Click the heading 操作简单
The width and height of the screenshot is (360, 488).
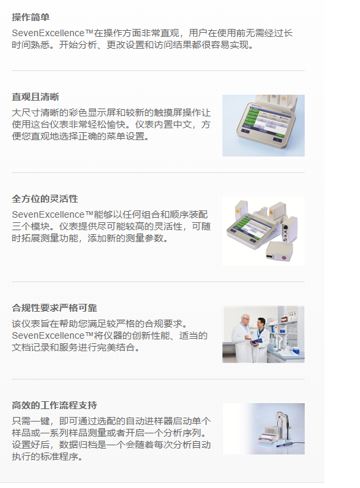click(30, 16)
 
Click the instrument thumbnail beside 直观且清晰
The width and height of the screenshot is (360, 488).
click(263, 126)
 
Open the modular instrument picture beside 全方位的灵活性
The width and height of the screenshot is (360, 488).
click(263, 230)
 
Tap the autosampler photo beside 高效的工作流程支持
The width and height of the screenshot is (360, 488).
click(263, 429)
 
